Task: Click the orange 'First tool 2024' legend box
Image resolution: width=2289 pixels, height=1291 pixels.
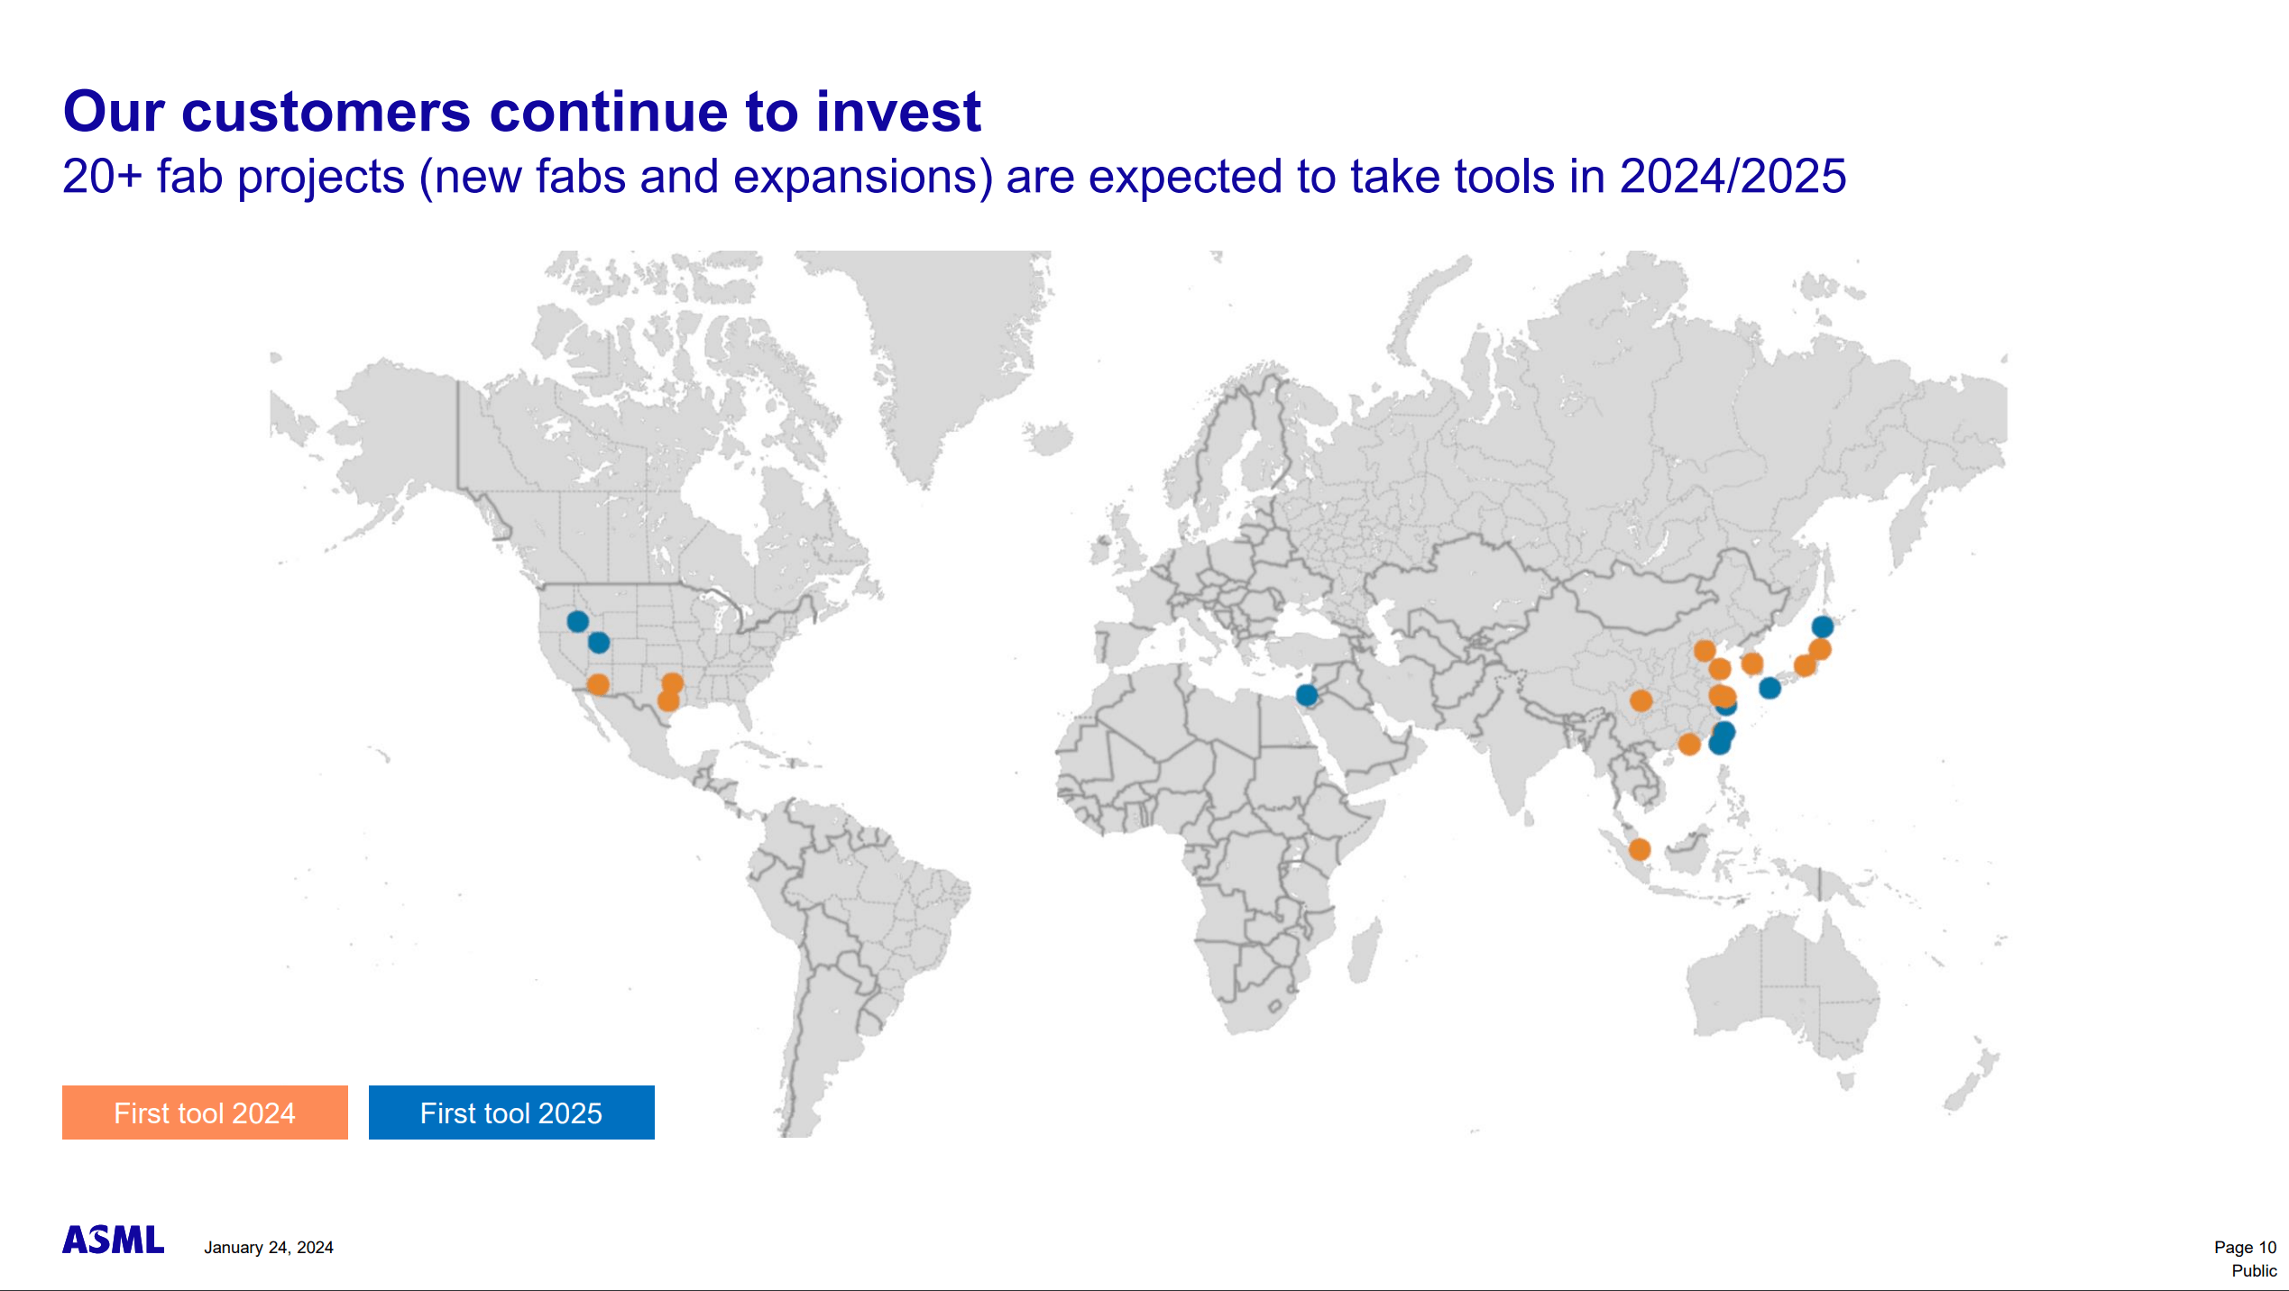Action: pyautogui.click(x=205, y=1112)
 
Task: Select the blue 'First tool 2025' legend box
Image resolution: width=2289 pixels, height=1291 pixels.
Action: pyautogui.click(x=511, y=1112)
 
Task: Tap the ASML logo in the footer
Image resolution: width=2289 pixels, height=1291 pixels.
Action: pyautogui.click(x=114, y=1240)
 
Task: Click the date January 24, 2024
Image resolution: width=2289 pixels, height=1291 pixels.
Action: pyautogui.click(x=269, y=1248)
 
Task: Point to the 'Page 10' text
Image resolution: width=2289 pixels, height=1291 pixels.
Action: pyautogui.click(x=2245, y=1248)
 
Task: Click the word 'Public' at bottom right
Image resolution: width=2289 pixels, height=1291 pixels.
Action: pyautogui.click(x=2254, y=1271)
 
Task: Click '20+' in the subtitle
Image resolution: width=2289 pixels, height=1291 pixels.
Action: pyautogui.click(x=102, y=177)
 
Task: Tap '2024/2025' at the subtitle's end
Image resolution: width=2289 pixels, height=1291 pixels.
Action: pyautogui.click(x=1733, y=177)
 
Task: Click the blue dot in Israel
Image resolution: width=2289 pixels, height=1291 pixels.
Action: pyautogui.click(x=1307, y=695)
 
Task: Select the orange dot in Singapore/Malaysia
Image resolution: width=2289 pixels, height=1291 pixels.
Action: pyautogui.click(x=1640, y=849)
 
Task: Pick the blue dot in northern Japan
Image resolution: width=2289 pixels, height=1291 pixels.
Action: pyautogui.click(x=1822, y=627)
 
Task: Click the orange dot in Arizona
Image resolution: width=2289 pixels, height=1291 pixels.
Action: pyautogui.click(x=598, y=684)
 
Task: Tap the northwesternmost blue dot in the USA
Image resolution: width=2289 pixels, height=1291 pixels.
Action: pyautogui.click(x=578, y=621)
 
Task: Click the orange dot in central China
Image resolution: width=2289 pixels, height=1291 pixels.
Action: pyautogui.click(x=1641, y=700)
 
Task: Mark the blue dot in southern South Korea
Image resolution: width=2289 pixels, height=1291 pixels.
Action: pyautogui.click(x=1770, y=689)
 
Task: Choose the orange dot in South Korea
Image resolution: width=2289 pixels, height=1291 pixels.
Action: pyautogui.click(x=1752, y=664)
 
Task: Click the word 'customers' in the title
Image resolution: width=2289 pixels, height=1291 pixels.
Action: pyautogui.click(x=326, y=112)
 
